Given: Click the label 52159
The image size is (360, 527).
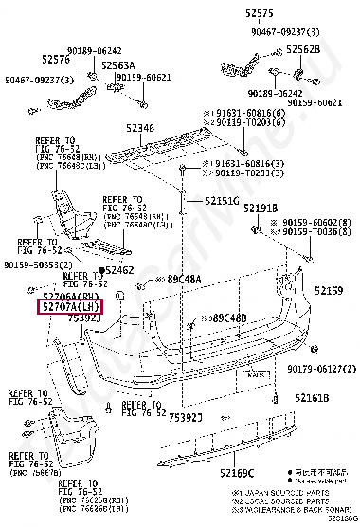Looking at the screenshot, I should [x=330, y=292].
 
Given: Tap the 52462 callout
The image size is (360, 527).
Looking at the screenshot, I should [x=119, y=271].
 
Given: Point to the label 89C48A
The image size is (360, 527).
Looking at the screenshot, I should [x=185, y=280].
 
